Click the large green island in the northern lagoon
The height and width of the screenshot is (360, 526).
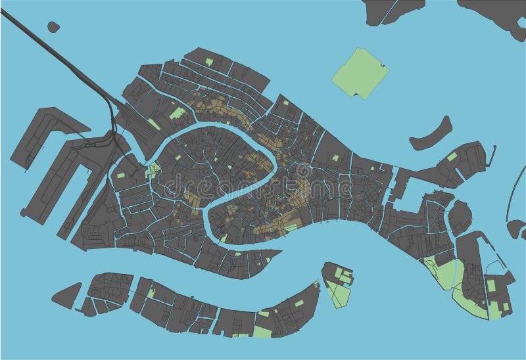[x=359, y=72]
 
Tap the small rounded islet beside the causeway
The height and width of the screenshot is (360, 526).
[x=53, y=27]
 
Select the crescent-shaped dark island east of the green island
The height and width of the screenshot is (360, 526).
[x=431, y=133]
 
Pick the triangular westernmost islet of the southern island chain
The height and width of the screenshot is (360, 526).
[x=66, y=295]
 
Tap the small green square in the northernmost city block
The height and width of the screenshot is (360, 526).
[x=209, y=62]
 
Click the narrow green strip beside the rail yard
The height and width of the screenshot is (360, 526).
[x=153, y=124]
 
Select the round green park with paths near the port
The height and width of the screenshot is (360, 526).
[x=153, y=169]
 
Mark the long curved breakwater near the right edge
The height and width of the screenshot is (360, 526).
[x=511, y=191]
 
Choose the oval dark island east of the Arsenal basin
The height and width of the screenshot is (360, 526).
[x=460, y=217]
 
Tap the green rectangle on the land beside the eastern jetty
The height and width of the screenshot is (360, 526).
[x=452, y=156]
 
